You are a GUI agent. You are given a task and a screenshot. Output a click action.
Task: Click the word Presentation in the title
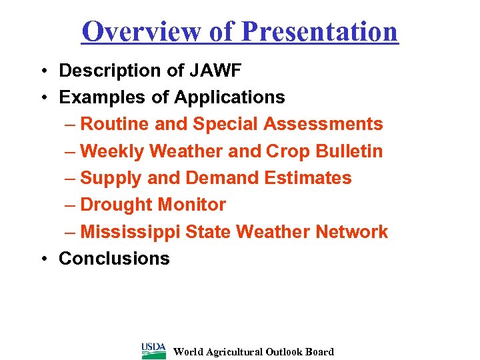pos(319,31)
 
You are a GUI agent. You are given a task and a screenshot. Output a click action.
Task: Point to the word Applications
pos(229,97)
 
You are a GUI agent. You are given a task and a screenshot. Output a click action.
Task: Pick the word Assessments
pos(323,124)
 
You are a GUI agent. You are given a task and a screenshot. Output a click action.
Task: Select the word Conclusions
pos(114,259)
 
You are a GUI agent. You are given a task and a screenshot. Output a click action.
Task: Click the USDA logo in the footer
pos(154,351)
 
